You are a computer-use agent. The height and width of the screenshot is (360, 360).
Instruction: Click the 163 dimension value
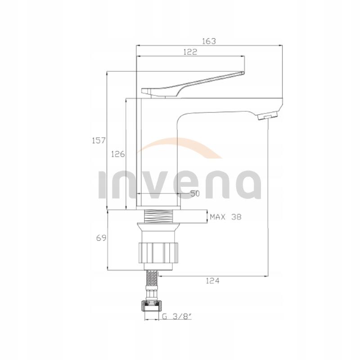(x=209, y=41)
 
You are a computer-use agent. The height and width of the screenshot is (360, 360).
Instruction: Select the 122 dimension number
(x=190, y=52)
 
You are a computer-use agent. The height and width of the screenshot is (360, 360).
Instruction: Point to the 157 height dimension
(x=99, y=140)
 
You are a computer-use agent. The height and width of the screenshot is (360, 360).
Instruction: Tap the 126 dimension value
(x=118, y=154)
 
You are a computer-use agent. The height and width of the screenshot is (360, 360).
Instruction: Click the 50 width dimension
(x=195, y=193)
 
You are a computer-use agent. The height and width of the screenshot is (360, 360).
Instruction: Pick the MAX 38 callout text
(x=226, y=217)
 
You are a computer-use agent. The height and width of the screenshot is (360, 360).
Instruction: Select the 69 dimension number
(x=101, y=238)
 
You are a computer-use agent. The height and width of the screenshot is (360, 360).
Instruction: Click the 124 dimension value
(x=212, y=280)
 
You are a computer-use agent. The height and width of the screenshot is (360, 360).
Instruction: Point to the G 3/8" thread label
(x=177, y=317)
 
